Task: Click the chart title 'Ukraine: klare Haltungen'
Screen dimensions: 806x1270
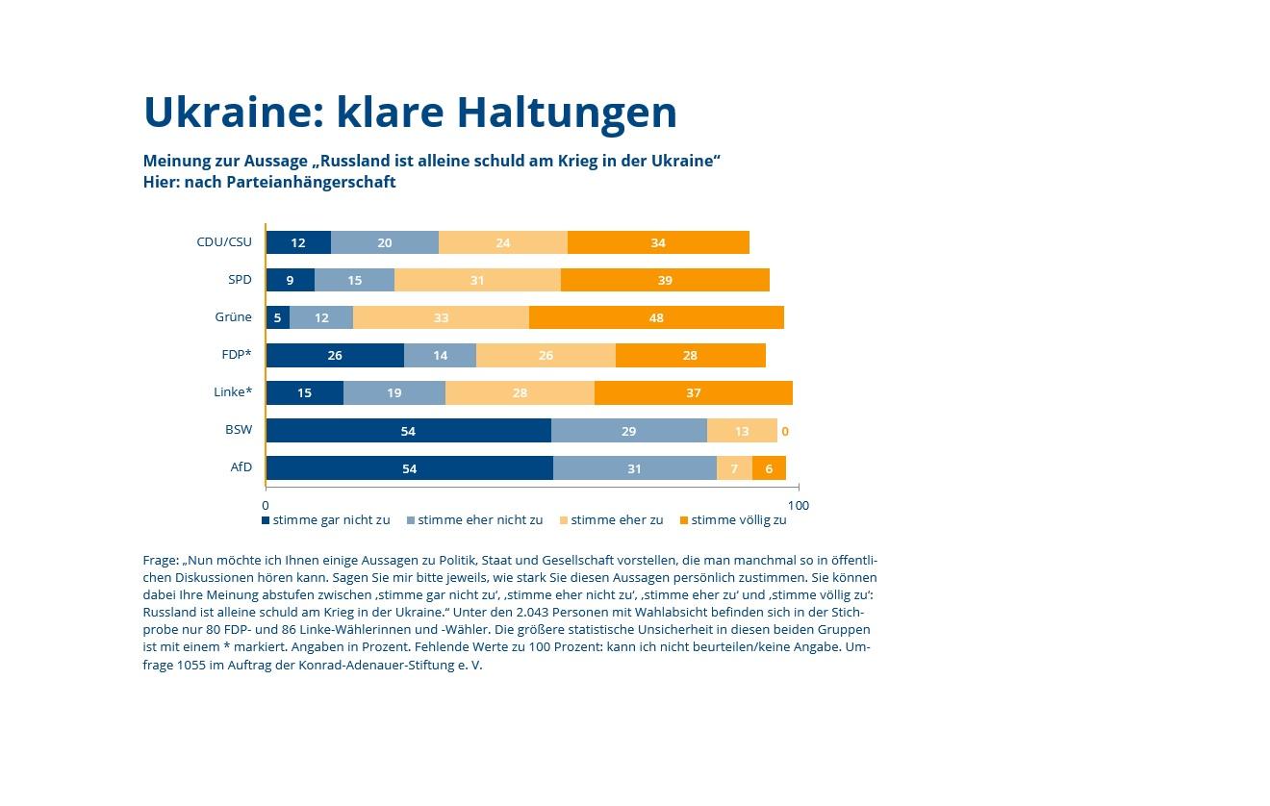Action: click(x=410, y=113)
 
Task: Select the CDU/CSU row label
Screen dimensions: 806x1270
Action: click(x=224, y=242)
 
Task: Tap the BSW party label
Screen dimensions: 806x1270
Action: click(x=239, y=430)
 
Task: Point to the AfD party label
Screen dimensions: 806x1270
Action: click(x=241, y=467)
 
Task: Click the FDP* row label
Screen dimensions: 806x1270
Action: click(x=236, y=355)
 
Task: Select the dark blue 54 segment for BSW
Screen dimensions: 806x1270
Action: click(x=408, y=431)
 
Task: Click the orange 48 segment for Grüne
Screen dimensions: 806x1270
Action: click(x=656, y=317)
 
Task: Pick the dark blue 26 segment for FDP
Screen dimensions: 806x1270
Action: click(x=335, y=355)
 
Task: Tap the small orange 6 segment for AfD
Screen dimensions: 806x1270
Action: click(x=769, y=468)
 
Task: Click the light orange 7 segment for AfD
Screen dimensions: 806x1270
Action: click(x=734, y=468)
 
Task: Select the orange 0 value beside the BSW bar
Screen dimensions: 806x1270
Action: click(x=785, y=432)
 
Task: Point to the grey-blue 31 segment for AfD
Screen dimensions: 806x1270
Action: click(x=634, y=468)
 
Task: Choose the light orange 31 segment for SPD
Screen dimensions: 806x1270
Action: click(x=477, y=280)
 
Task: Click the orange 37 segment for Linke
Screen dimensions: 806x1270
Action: click(x=693, y=392)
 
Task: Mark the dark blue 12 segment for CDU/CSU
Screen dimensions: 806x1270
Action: click(x=298, y=242)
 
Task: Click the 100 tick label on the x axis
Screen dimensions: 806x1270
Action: click(x=798, y=505)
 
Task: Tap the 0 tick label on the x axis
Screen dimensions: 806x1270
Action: click(x=266, y=505)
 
